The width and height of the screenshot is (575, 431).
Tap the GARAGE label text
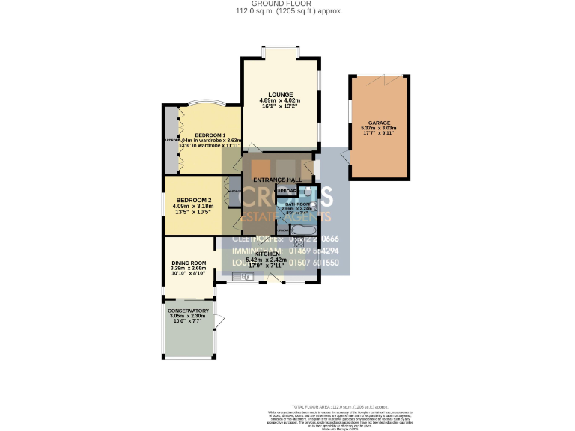(x=379, y=123)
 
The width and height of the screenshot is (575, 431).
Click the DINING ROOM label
(x=188, y=263)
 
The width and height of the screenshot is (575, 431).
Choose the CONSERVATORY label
(x=188, y=311)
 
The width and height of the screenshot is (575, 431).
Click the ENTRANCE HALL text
(x=277, y=180)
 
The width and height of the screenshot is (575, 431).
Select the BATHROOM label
(x=296, y=204)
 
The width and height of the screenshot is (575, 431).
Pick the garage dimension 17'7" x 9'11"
(x=379, y=134)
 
